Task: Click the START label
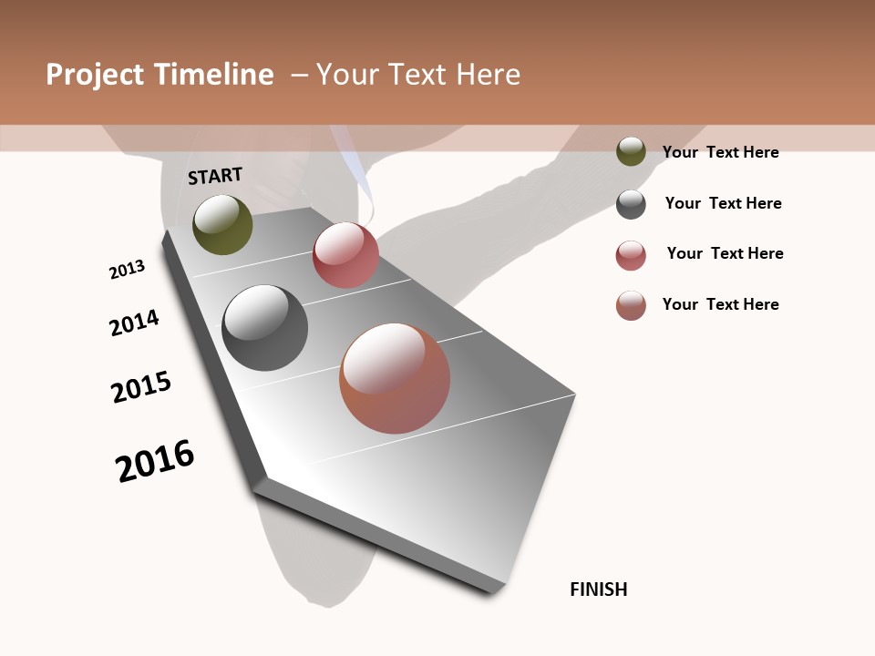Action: point(215,176)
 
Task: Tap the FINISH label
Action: point(599,589)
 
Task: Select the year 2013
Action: point(127,270)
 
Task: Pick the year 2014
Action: point(134,323)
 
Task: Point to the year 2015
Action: point(141,387)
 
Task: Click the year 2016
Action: point(155,461)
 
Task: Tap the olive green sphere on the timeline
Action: point(222,224)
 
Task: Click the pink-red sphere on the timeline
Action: point(345,255)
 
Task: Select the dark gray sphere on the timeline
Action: point(264,328)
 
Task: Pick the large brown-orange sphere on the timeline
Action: point(395,378)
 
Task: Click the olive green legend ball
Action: point(631,151)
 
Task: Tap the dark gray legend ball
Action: point(631,204)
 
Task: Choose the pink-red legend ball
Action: point(631,255)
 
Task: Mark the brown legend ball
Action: point(631,305)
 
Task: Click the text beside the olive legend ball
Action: point(720,152)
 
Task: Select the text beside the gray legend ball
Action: point(723,203)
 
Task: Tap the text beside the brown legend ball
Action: point(720,304)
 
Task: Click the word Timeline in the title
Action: point(213,75)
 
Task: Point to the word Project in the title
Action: point(95,75)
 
